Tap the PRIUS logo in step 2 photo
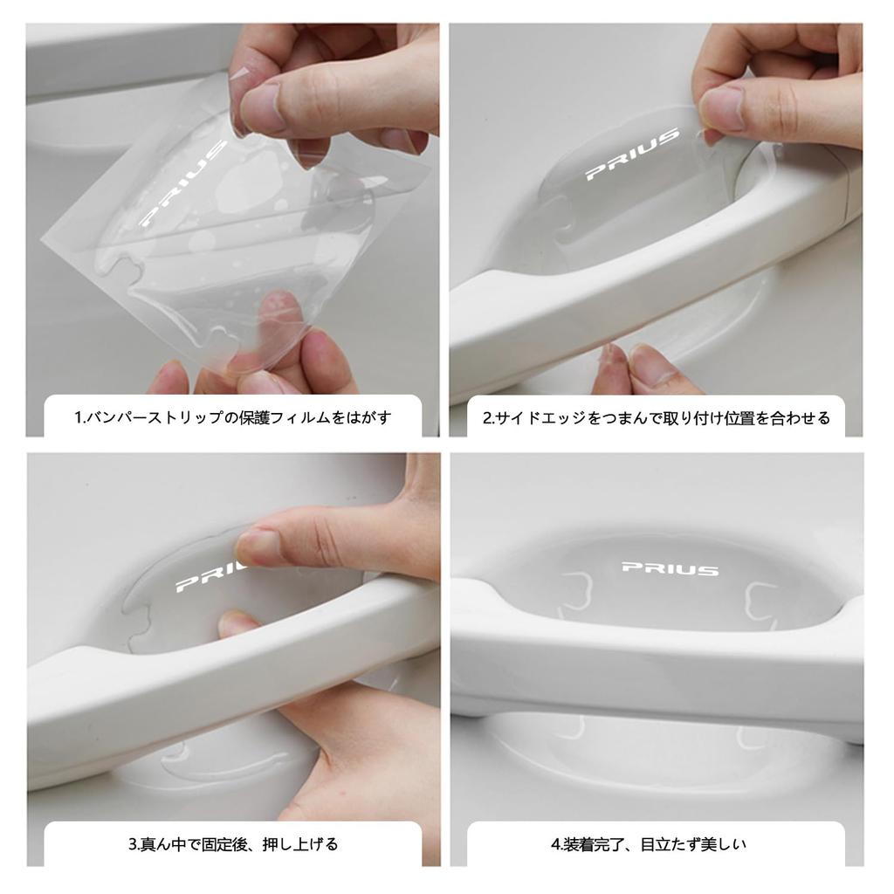point(630,155)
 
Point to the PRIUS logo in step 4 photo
point(670,568)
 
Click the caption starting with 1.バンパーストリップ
point(233,417)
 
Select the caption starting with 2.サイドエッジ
point(656,417)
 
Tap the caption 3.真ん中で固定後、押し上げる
point(233,844)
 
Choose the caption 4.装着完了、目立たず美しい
point(649,844)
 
